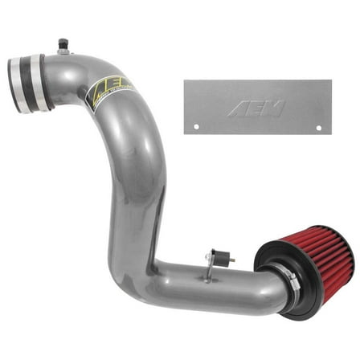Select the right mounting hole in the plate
point(318,127)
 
